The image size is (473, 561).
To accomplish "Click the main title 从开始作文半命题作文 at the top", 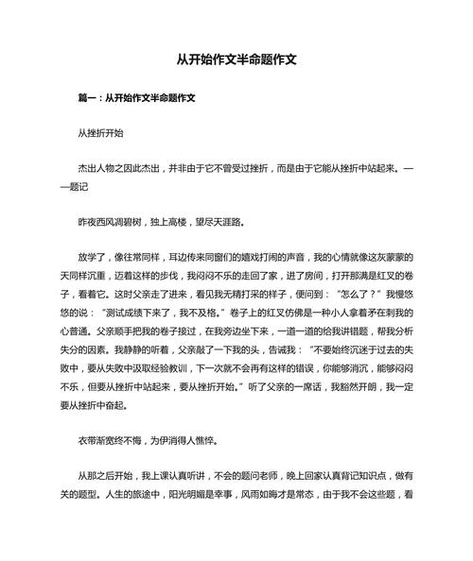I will [x=236, y=59].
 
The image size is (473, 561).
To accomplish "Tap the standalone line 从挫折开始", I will [x=99, y=135].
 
